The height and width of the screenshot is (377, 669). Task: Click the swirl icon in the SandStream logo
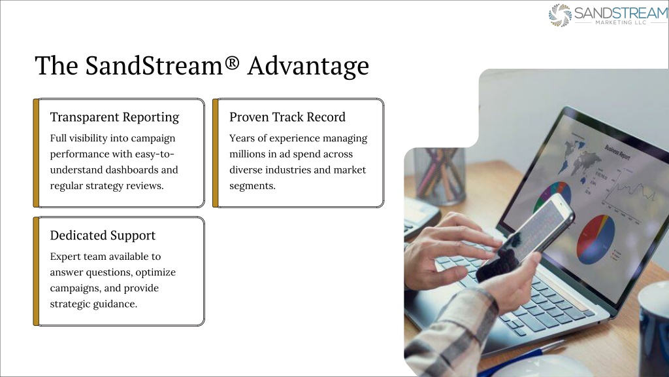point(560,16)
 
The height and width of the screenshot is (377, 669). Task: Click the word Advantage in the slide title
point(308,66)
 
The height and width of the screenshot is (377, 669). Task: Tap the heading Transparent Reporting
point(114,117)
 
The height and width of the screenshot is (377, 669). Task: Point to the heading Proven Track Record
point(287,117)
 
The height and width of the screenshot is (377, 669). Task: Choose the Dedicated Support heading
point(103,236)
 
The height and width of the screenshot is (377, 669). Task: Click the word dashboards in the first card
point(131,170)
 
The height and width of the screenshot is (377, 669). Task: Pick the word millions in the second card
point(247,154)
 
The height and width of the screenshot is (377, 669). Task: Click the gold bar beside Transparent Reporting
point(37,153)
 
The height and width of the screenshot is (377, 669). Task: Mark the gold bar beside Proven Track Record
point(216,153)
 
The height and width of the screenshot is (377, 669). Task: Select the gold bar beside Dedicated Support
point(37,272)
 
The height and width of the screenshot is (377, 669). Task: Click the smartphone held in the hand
point(526,237)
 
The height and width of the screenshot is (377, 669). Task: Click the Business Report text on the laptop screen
point(617,152)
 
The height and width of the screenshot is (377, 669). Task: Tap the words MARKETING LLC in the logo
point(621,22)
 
